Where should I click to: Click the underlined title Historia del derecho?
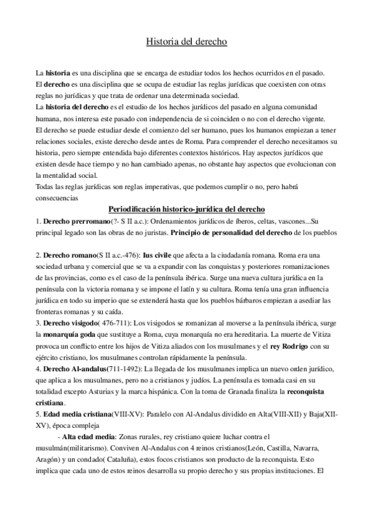[186, 42]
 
